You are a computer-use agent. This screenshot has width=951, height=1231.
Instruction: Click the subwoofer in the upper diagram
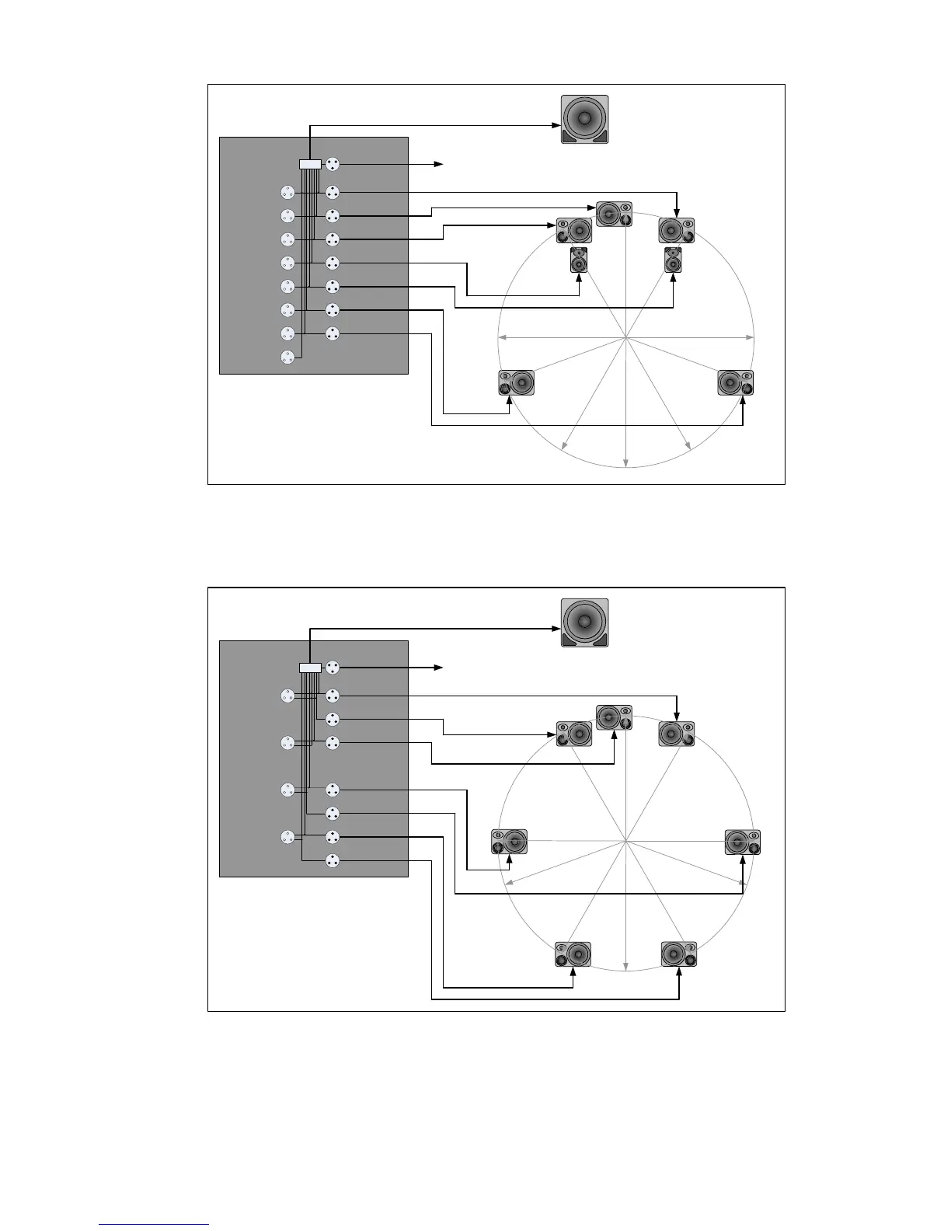point(584,120)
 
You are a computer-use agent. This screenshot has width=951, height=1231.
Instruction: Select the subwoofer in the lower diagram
point(584,622)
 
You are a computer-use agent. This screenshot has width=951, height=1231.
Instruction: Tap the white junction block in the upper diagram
point(310,164)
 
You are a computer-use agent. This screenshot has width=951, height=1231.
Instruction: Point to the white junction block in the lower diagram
point(310,667)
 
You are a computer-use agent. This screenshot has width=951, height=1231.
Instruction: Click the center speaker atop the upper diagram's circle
point(614,214)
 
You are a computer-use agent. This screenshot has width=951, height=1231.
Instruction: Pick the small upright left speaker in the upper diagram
point(579,260)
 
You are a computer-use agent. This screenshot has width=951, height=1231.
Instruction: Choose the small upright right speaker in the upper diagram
point(673,260)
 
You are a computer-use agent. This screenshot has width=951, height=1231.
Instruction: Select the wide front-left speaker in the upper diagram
point(573,231)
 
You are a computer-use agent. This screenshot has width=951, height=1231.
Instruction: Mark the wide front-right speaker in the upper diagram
point(676,231)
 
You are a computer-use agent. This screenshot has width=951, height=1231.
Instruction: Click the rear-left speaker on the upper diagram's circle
point(517,383)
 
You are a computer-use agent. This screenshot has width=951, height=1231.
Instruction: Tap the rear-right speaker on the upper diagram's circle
point(736,383)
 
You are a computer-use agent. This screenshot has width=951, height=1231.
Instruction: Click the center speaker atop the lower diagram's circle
point(614,717)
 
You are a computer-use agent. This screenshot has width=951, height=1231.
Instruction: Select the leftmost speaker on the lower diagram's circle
point(510,842)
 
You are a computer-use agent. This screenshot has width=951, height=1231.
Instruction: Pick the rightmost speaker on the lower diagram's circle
point(743,842)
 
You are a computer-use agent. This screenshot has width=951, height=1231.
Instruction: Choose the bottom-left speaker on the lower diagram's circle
point(573,954)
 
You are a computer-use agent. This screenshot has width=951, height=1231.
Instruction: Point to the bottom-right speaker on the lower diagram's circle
point(679,954)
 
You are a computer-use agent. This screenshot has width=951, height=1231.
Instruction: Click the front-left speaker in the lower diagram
point(573,734)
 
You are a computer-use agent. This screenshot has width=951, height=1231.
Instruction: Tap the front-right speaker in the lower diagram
point(676,734)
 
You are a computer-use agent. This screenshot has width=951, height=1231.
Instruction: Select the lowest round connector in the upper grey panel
point(287,357)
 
